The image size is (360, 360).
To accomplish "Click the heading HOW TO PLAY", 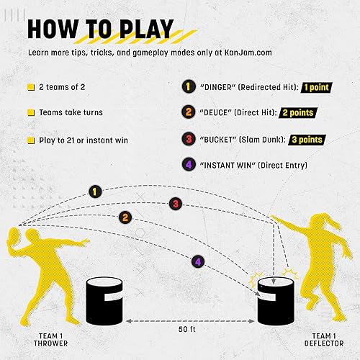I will coord(100,29).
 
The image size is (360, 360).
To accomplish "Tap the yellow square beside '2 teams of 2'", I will coord(31,87).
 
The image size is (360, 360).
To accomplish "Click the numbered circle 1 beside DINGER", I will coord(188,86).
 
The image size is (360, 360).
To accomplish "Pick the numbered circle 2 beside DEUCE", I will coord(188,113).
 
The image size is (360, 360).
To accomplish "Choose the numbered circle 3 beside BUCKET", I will coord(188,139).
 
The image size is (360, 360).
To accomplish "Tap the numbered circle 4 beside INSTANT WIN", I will coord(188,166).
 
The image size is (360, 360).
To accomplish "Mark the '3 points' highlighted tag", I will coord(298,139).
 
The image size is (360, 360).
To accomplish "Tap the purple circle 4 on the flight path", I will coord(197,261).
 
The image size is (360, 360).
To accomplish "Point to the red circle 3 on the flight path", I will coord(174,204).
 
